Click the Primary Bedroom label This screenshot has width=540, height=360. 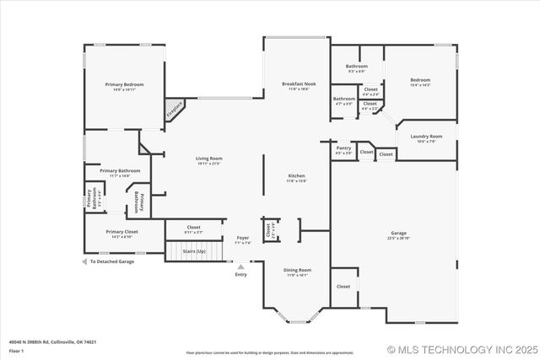click(x=124, y=85)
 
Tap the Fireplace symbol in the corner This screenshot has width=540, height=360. click(x=175, y=108)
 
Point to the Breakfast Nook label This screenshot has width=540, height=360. click(x=299, y=84)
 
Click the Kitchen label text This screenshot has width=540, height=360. click(x=295, y=175)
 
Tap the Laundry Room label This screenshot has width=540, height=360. click(x=426, y=137)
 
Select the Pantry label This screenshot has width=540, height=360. click(x=343, y=148)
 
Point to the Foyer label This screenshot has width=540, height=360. click(x=242, y=238)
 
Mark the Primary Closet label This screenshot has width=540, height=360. click(x=121, y=231)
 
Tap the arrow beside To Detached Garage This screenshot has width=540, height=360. click(x=84, y=262)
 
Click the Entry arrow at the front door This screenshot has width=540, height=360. click(x=241, y=267)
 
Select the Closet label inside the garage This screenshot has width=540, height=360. click(x=343, y=287)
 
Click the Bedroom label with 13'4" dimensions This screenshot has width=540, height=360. click(x=420, y=80)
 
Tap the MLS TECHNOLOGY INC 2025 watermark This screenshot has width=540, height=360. click(x=462, y=349)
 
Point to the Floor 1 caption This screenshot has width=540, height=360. click(x=17, y=351)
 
